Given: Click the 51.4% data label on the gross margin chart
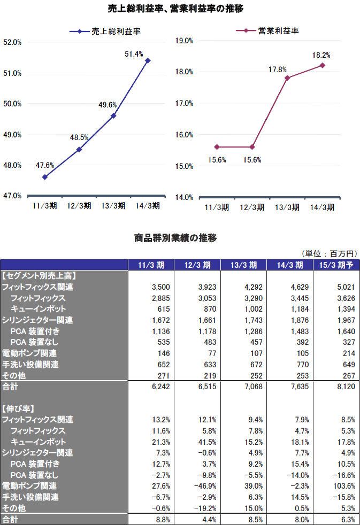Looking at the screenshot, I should pos(134,54).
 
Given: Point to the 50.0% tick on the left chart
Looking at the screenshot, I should pos(12,104).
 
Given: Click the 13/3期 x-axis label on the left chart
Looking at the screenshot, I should pos(113,206).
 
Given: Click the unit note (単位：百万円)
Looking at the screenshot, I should pos(329,253).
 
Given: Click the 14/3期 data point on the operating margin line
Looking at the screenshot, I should pos(323,65).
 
